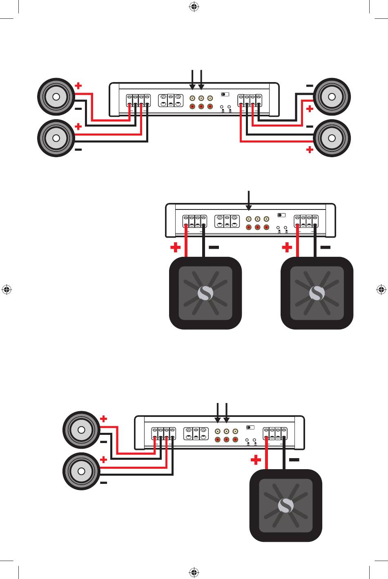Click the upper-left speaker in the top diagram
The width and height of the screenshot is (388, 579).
click(x=56, y=97)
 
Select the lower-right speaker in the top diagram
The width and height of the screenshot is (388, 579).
click(x=332, y=138)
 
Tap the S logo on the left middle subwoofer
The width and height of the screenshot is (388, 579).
click(x=205, y=293)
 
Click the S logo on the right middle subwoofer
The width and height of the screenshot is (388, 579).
click(x=317, y=293)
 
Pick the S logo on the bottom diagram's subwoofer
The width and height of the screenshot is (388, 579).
click(x=286, y=506)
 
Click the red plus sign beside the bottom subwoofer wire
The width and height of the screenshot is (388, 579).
click(x=256, y=460)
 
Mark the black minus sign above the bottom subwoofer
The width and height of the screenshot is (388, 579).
click(x=294, y=460)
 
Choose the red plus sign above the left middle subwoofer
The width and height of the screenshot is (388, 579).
click(x=176, y=247)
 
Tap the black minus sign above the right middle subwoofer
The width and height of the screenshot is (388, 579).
click(x=326, y=247)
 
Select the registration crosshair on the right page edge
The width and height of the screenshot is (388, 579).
click(x=381, y=290)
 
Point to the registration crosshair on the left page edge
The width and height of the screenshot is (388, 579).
click(x=7, y=290)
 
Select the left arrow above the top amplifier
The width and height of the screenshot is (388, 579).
click(x=192, y=80)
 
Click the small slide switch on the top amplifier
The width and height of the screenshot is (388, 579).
click(x=225, y=94)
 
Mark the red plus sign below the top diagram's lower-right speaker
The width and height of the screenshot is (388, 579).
click(x=310, y=150)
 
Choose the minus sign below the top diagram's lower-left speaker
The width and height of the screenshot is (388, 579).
click(x=78, y=150)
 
